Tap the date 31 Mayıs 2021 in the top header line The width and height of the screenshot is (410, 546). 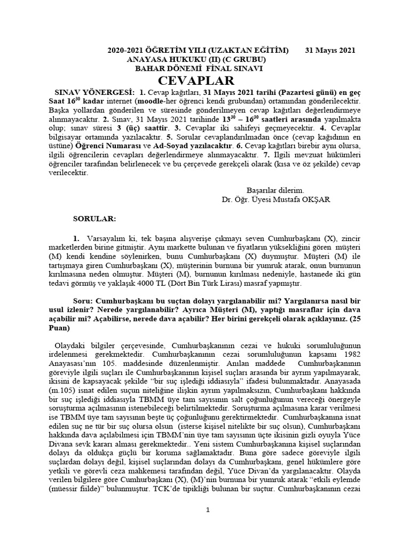click(330, 50)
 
